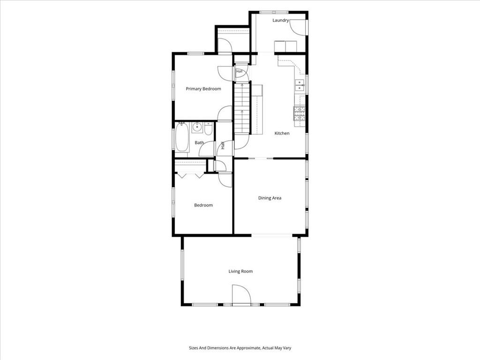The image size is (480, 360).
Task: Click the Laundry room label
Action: tap(280, 21)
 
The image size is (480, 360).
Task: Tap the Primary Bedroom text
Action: tap(203, 89)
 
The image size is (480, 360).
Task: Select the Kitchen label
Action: tap(282, 133)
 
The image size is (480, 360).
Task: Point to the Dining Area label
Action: tap(270, 198)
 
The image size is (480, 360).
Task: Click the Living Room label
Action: tap(240, 271)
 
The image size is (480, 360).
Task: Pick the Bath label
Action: tap(199, 142)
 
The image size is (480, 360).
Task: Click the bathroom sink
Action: tap(197, 127)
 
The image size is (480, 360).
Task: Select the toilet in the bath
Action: tap(209, 129)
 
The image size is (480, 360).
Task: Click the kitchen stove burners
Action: tap(300, 113)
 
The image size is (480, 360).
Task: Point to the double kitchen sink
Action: tap(300, 85)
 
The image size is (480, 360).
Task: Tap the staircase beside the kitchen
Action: tap(242, 108)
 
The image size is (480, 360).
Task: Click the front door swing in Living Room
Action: tap(241, 295)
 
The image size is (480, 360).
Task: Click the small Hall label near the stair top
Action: tap(239, 71)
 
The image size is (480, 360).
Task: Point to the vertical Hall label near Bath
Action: tap(223, 145)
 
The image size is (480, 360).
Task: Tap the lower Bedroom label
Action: tap(203, 205)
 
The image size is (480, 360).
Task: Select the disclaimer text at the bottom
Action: tap(240, 348)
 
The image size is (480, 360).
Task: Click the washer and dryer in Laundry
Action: tap(285, 46)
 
